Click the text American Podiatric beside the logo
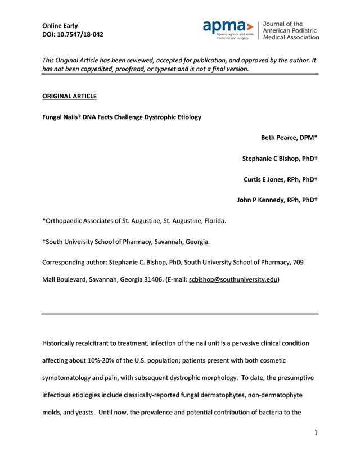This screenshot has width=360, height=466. coord(291,30)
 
